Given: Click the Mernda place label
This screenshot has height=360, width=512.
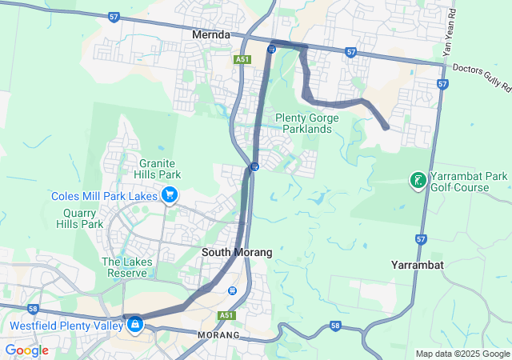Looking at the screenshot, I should click(211, 35).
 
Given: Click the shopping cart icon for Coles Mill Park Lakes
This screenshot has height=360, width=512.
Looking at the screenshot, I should click(169, 194).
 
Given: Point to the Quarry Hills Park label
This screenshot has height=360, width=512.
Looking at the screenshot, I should click(80, 218).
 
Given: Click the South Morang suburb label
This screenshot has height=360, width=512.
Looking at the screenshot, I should click(236, 252).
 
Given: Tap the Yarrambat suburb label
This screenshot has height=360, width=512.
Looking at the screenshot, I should click(418, 264).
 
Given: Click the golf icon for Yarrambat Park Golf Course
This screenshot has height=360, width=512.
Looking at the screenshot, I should click(418, 179).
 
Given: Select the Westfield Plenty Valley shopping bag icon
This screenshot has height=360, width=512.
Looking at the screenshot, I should click(134, 324).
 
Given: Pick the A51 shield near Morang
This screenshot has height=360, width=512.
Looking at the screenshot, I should click(226, 315).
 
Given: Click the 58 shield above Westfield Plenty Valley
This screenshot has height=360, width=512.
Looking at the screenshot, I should click(33, 308).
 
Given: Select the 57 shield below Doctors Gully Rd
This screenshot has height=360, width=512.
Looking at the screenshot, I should click(442, 84).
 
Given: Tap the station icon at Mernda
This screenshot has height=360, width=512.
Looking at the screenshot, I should click(271, 49).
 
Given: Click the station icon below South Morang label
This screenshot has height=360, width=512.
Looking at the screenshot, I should click(232, 290).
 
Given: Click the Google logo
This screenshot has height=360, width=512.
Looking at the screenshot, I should click(26, 350).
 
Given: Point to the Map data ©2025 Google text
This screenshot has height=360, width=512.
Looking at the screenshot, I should click(462, 354).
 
